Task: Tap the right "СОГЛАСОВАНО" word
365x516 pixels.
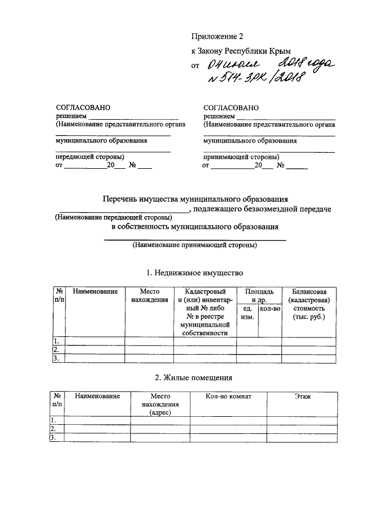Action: coord(231,107)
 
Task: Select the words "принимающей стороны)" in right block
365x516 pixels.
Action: coord(241,156)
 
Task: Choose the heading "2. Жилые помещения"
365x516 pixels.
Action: coord(194,377)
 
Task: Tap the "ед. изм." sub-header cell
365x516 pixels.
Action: coord(247,312)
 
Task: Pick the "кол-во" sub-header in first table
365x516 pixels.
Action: coord(270,308)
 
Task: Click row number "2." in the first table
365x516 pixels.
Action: coord(56,350)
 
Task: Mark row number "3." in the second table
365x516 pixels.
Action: coord(53,437)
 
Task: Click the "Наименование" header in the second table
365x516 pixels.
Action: coord(98,396)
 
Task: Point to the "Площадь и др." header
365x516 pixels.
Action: coord(259,296)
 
